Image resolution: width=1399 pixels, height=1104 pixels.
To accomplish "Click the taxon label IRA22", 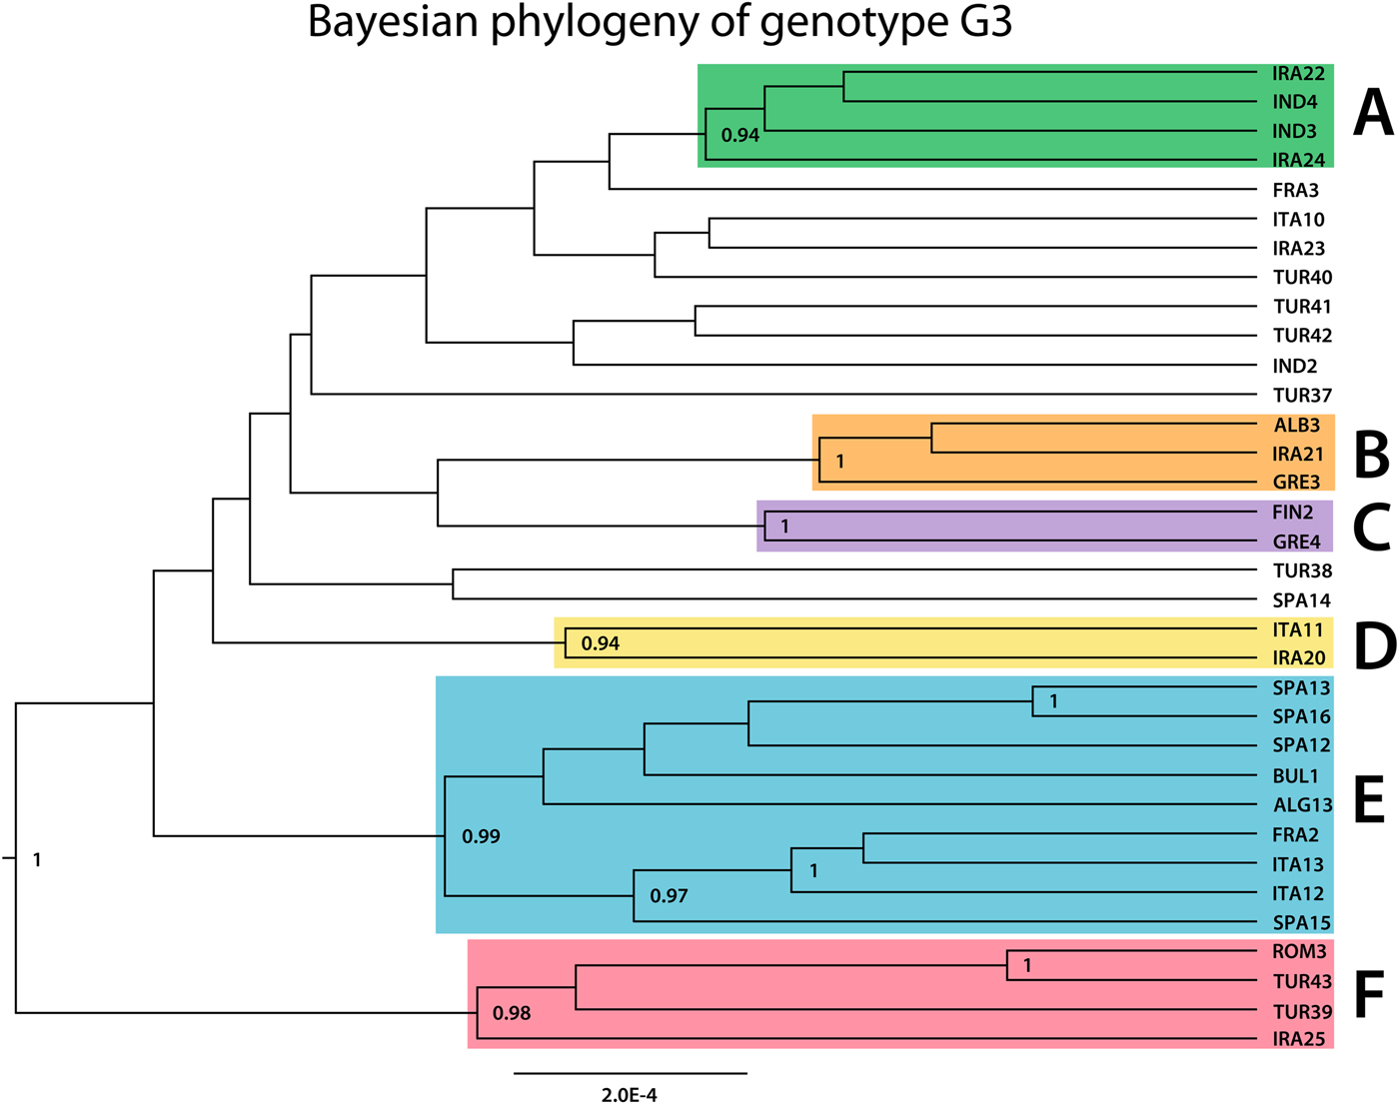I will (1298, 73).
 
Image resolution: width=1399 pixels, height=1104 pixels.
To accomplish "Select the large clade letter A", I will (1373, 113).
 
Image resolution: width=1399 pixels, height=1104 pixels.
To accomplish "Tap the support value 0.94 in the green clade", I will (740, 135).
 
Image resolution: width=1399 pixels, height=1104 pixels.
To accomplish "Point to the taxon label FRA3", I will (1295, 190).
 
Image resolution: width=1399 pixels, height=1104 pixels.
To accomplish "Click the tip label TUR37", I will (1302, 396).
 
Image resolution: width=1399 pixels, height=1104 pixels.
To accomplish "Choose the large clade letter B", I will (1371, 454).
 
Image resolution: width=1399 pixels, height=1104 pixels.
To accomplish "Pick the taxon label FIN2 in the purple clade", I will (1293, 513).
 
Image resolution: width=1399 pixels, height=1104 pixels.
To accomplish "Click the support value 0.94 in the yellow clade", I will (601, 643).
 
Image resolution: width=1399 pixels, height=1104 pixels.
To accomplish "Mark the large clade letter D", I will (1374, 646).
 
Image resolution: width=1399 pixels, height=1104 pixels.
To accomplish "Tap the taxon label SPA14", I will (1301, 600).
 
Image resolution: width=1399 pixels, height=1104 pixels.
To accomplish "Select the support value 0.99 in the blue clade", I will (481, 836).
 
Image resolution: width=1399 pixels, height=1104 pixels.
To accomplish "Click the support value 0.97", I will (669, 896).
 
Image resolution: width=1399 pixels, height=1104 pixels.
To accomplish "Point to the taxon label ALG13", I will (1302, 805).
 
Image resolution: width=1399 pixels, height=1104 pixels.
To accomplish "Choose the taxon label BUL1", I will (1295, 776).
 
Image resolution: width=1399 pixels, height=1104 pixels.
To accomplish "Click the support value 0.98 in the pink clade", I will (512, 1013).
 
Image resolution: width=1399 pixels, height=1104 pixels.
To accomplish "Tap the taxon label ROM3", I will (1299, 952).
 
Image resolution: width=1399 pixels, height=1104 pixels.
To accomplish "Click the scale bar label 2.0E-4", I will (630, 1094).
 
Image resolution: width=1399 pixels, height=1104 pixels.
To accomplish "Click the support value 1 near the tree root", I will (37, 859).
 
